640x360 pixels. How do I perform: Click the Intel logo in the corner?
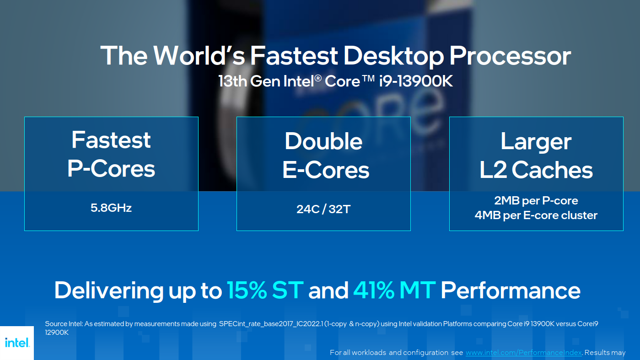tap(17, 343)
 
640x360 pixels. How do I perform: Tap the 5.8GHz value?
tap(111, 208)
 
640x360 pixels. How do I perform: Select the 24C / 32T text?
tap(323, 210)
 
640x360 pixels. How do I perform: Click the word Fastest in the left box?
tap(111, 140)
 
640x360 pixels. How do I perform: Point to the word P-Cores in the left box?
tap(111, 169)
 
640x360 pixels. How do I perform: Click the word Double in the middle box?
tap(323, 141)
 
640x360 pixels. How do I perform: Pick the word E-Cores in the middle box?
tap(326, 170)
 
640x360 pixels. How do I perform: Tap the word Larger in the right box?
tap(536, 141)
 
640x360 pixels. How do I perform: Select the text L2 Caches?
tap(536, 170)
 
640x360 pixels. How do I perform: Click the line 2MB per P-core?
tap(536, 201)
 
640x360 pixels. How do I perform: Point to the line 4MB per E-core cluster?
tap(536, 215)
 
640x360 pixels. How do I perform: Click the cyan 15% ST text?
tap(265, 290)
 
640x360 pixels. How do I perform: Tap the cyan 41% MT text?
tap(394, 290)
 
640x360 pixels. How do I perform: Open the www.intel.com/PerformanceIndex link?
tap(524, 353)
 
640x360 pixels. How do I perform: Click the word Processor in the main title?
tap(510, 55)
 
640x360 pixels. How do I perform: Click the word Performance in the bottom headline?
tap(511, 290)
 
